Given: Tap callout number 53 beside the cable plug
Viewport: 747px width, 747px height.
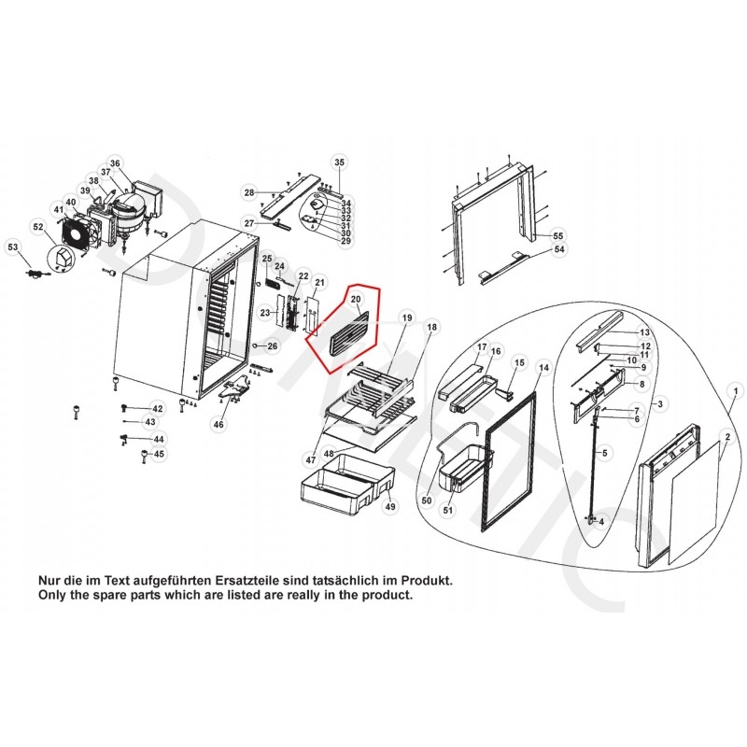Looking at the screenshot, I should coord(13,247).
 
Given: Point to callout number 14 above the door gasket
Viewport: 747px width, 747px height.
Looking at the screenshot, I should coord(543,370).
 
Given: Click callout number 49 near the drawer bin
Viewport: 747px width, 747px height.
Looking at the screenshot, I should coord(390,507).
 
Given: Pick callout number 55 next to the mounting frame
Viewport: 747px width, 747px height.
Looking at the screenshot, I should coord(558,234).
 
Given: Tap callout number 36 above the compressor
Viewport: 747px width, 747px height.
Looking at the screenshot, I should coord(115,162).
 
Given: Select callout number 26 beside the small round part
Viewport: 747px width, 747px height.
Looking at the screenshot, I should coord(272,346).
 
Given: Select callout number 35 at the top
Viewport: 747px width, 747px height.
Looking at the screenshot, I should coord(339,162).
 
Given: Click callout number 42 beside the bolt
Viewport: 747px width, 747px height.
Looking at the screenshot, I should coord(157,409).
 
